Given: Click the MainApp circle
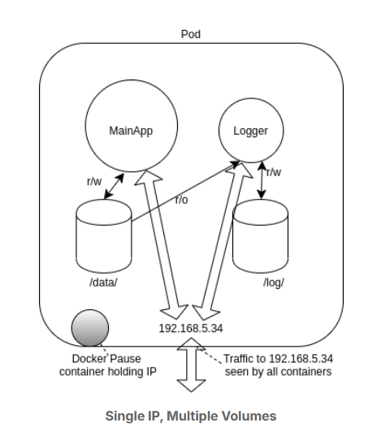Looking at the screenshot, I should click(x=130, y=129).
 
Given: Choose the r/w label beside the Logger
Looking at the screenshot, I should click(x=274, y=172).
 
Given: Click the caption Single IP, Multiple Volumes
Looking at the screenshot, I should click(x=190, y=416).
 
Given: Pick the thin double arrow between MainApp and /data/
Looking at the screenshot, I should click(x=110, y=188).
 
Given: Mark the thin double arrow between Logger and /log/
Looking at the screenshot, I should click(x=261, y=179).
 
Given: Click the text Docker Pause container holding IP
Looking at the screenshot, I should click(x=114, y=365).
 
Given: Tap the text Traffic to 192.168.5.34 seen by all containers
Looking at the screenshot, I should click(x=276, y=365).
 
